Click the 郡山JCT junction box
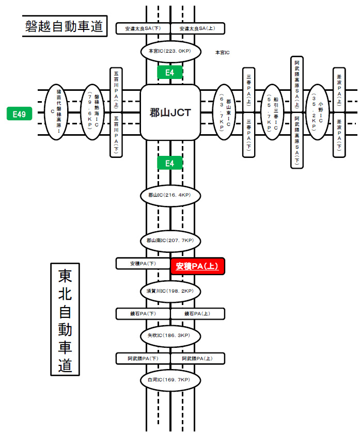click(x=170, y=112)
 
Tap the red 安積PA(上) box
click(x=197, y=266)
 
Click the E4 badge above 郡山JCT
click(x=170, y=73)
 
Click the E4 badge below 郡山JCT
click(x=170, y=164)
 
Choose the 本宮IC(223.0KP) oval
click(x=170, y=51)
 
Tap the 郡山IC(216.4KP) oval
click(x=170, y=196)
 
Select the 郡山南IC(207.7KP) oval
click(x=170, y=240)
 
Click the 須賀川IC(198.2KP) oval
click(x=170, y=291)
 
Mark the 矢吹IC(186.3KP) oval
click(x=170, y=335)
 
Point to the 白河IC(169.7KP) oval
click(x=170, y=380)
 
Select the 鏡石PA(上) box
click(x=198, y=313)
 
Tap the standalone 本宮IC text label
click(x=222, y=53)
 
